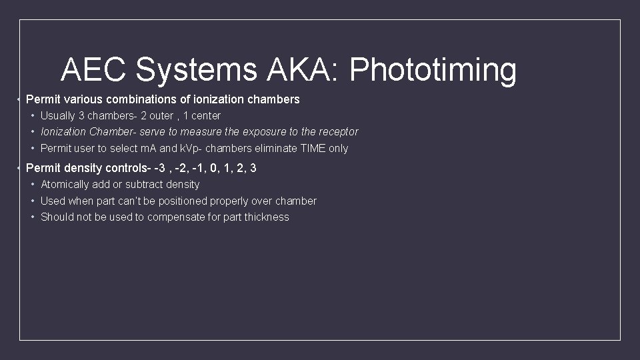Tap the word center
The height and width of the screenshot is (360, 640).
click(x=206, y=116)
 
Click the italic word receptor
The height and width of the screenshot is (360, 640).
click(x=339, y=132)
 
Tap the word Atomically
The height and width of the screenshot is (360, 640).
click(x=65, y=185)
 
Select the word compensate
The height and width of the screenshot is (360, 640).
click(x=173, y=217)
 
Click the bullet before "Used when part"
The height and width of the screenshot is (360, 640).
click(x=33, y=201)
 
